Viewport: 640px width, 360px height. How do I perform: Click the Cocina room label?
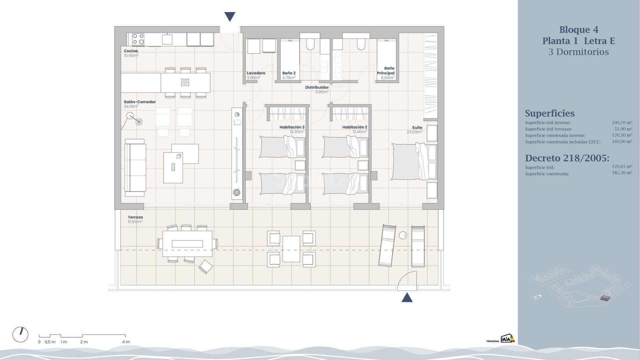pos(131,51)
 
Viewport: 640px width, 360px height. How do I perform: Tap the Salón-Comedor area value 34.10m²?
pos(131,107)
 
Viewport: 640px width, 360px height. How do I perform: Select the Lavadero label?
pos(256,73)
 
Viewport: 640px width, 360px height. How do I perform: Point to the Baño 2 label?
pos(289,73)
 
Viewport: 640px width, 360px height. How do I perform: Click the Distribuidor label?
pos(317,87)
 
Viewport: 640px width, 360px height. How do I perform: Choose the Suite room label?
pos(417,127)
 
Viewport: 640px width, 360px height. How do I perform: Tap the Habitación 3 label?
pos(292,127)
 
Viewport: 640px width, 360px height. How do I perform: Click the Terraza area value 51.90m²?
pos(135,222)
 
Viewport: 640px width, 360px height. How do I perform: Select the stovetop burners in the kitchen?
pos(138,39)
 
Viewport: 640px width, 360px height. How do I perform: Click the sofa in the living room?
pos(135,168)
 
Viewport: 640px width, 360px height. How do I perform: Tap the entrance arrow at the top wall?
pos(230,16)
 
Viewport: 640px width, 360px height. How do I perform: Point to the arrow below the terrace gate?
pos(407,297)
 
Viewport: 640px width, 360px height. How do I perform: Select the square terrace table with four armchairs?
pos(291,249)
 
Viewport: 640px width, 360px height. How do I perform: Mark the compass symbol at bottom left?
pos(20,334)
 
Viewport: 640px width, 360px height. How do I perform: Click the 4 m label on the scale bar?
pos(126,342)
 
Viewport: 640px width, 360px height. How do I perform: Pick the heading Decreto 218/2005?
pos(567,158)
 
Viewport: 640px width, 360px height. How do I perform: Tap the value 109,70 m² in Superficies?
pos(622,123)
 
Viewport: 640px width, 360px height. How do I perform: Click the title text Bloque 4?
pos(579,30)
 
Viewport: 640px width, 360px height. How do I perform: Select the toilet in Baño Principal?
pos(361,44)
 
